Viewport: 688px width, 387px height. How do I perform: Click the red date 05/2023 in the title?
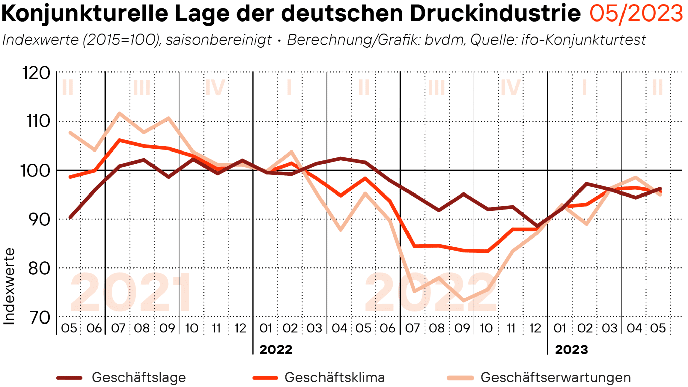point(636,14)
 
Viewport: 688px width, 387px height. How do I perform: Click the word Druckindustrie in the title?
point(495,14)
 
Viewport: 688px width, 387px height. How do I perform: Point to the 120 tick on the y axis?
point(36,73)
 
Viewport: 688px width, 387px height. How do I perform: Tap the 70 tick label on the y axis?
point(40,317)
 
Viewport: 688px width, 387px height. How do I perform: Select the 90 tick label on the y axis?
point(39,220)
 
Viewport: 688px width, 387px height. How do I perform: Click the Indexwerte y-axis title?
point(9,287)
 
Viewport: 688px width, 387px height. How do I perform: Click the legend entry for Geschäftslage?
point(138,378)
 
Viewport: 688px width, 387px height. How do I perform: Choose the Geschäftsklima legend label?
point(334,378)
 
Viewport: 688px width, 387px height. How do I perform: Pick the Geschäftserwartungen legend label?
point(555,378)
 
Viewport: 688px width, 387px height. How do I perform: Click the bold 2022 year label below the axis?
point(276,350)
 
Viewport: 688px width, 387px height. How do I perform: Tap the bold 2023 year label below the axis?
point(571,350)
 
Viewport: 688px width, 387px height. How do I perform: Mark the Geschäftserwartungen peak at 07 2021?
point(119,113)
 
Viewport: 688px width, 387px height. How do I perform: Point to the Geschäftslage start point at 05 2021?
point(70,217)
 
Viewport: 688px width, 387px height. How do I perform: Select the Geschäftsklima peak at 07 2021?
point(119,140)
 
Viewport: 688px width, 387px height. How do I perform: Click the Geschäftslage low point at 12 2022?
point(537,226)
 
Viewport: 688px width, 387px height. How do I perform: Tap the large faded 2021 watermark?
point(131,292)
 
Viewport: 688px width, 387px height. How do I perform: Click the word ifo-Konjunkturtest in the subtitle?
point(584,40)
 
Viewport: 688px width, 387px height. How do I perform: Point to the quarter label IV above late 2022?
point(511,88)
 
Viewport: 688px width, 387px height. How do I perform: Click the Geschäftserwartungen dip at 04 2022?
point(341,230)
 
